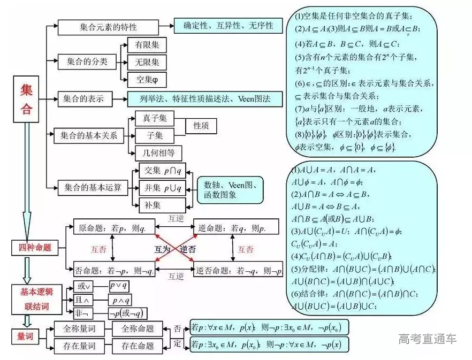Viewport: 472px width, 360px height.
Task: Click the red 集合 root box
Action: pos(26,99)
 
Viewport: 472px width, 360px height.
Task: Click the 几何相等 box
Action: pos(158,152)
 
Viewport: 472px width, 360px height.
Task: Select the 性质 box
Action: pos(201,126)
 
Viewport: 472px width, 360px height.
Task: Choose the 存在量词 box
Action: pos(80,346)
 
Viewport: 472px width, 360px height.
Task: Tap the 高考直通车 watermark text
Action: pos(427,339)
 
